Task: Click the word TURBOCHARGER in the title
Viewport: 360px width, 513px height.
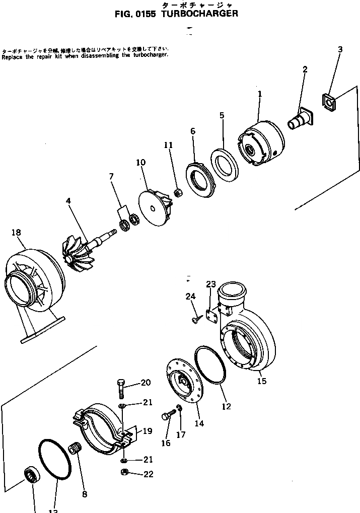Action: click(200, 14)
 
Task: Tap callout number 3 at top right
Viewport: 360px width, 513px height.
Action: click(340, 49)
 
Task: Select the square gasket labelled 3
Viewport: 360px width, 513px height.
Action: click(329, 103)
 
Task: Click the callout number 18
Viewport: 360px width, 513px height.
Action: click(16, 232)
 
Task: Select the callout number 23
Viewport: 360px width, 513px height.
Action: click(211, 284)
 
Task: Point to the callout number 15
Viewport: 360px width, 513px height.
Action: click(261, 381)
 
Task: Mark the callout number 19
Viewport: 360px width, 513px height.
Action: click(147, 431)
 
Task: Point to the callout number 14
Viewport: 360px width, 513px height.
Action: click(199, 423)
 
